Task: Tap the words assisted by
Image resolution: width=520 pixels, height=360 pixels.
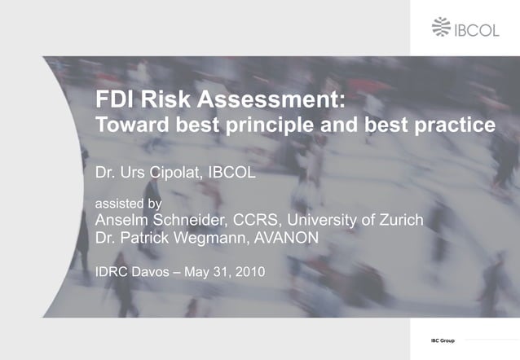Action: point(128,203)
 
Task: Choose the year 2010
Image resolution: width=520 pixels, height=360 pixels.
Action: point(249,271)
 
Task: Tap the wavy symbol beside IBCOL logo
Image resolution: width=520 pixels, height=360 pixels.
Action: point(442,28)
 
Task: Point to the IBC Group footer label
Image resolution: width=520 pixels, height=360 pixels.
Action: point(443,340)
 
